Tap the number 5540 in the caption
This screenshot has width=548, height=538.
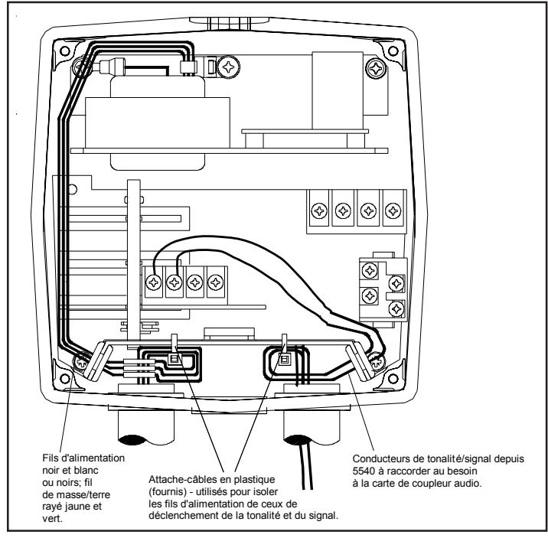(x=364, y=471)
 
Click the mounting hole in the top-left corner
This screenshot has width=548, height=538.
(x=64, y=51)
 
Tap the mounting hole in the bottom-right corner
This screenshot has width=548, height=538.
(x=393, y=378)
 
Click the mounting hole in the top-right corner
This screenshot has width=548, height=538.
(x=393, y=51)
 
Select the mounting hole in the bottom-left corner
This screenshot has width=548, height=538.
(x=64, y=378)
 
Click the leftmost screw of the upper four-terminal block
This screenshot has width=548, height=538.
(x=319, y=211)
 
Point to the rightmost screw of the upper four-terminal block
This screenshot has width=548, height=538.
(x=393, y=211)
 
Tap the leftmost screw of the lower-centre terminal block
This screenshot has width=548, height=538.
(x=153, y=282)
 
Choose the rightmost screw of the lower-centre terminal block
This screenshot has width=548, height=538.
(x=216, y=282)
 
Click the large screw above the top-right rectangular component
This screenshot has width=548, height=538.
(x=376, y=68)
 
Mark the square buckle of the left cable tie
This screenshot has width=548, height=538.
(x=173, y=359)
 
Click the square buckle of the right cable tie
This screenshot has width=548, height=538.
(x=285, y=359)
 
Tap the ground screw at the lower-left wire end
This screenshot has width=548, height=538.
(x=81, y=362)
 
